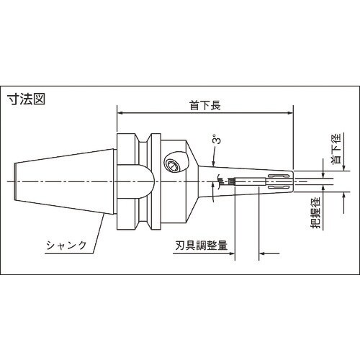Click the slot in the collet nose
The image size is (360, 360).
(277, 189)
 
